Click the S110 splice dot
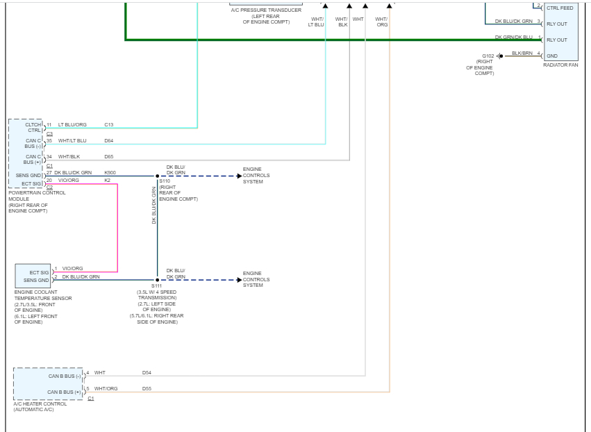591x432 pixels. click(x=157, y=176)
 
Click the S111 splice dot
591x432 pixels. click(x=157, y=280)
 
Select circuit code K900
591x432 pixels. click(x=110, y=172)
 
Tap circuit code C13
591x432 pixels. click(x=109, y=125)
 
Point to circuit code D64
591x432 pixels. click(x=109, y=141)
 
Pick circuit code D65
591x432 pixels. click(x=109, y=157)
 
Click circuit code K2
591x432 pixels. click(x=108, y=181)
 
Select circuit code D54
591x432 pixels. click(x=147, y=373)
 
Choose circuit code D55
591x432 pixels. click(x=147, y=389)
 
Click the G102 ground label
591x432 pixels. click(x=488, y=56)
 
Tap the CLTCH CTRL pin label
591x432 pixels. click(x=33, y=128)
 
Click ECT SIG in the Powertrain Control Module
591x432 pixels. click(x=32, y=184)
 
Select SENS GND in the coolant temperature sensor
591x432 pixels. click(x=36, y=280)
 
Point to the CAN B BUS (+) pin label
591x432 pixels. click(x=65, y=392)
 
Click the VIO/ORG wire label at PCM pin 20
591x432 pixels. click(x=69, y=181)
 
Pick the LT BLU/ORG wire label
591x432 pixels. click(x=72, y=125)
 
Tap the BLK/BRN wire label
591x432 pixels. click(x=522, y=53)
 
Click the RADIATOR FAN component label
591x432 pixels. click(x=560, y=65)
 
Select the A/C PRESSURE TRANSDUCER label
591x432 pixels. click(x=266, y=10)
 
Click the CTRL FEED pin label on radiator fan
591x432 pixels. click(x=560, y=8)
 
